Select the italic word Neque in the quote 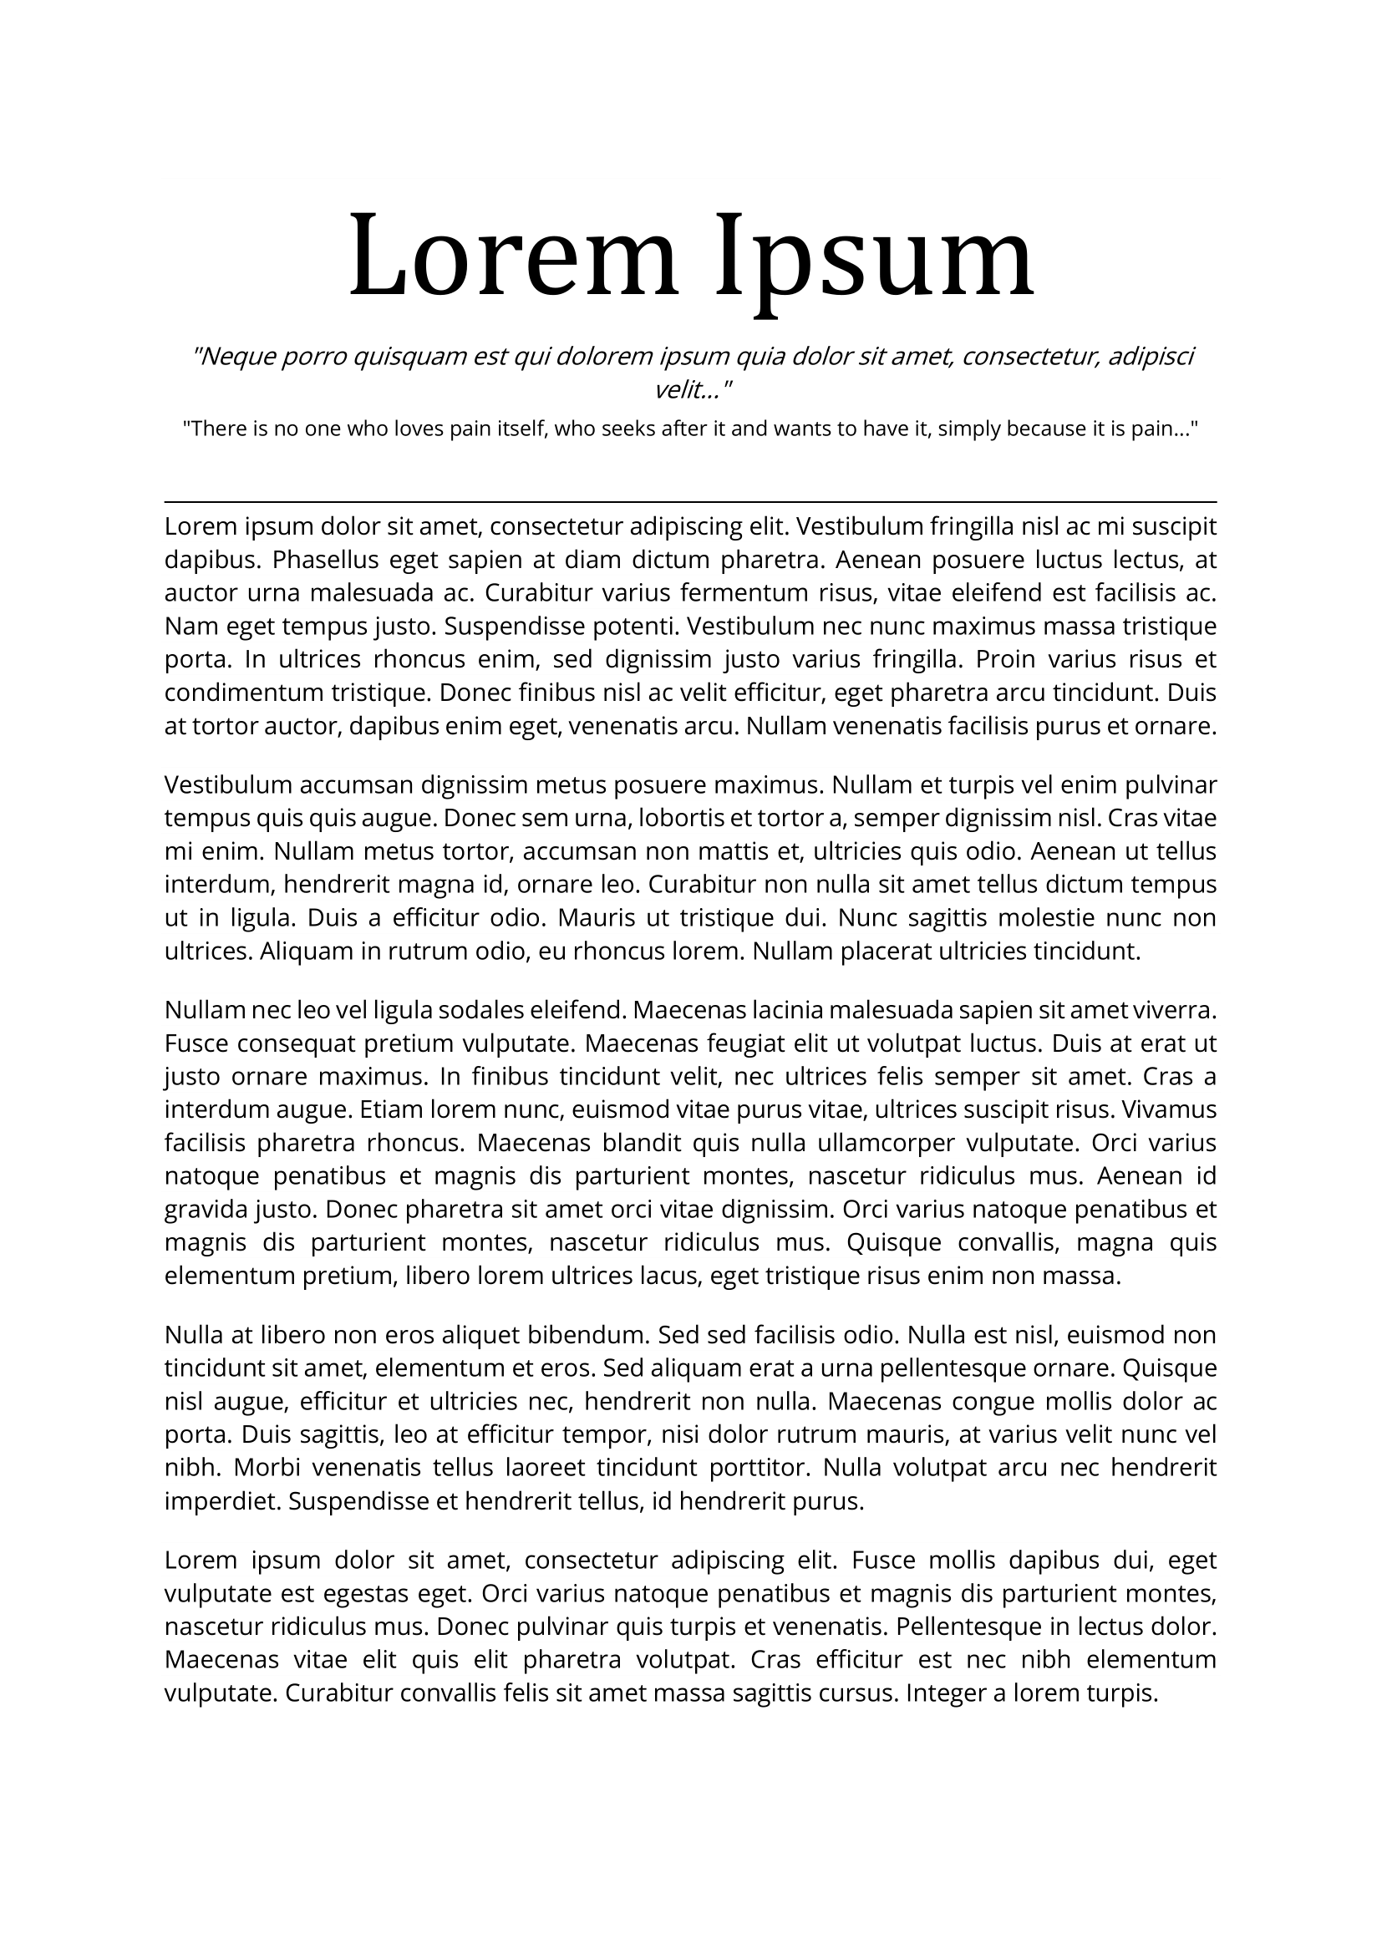click(x=234, y=356)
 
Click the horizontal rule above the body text click(x=690, y=502)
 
